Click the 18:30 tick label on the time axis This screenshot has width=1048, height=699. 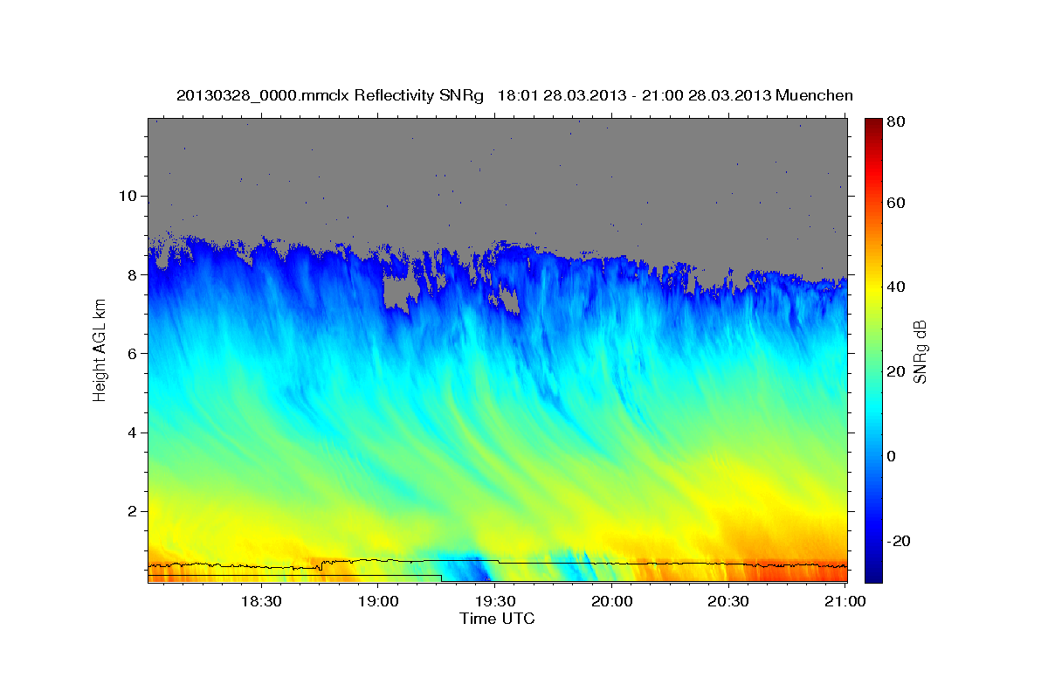click(x=260, y=601)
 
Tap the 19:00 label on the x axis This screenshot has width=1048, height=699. click(x=378, y=601)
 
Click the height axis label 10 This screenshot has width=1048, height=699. click(x=128, y=196)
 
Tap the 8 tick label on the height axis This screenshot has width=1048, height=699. click(x=133, y=274)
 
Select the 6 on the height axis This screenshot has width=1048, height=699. click(x=133, y=354)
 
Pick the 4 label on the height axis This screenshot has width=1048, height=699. click(x=133, y=433)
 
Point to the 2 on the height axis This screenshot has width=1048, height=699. click(x=133, y=511)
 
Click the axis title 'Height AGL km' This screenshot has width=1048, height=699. click(x=100, y=349)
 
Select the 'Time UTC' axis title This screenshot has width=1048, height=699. click(x=497, y=619)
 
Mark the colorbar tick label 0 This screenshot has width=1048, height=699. click(x=892, y=456)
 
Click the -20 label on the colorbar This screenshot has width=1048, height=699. click(x=900, y=541)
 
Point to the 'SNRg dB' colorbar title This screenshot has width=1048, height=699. click(x=920, y=349)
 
